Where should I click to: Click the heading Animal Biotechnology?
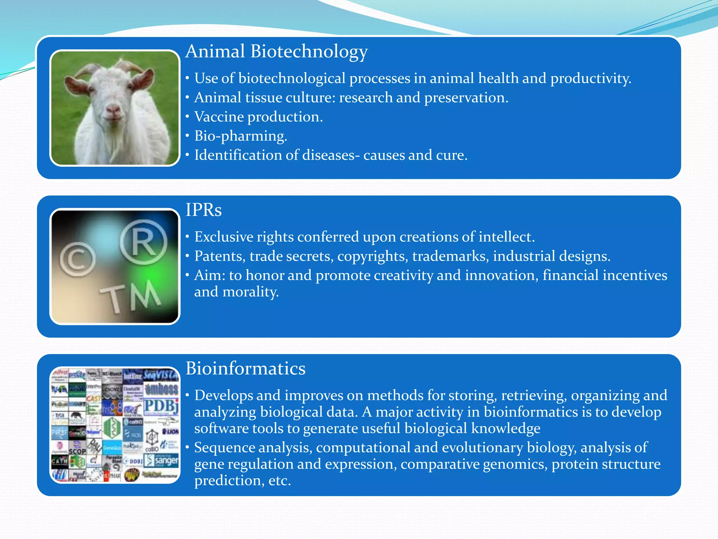coord(276,52)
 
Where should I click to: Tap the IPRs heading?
coord(203,210)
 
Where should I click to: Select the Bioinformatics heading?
coord(245,369)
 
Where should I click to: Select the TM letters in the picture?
coord(130,297)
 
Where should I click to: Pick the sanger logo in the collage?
coord(162,460)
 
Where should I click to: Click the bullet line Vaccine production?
coord(258,117)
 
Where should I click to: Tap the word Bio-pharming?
coord(241,136)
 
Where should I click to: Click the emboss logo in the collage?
coord(162,389)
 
